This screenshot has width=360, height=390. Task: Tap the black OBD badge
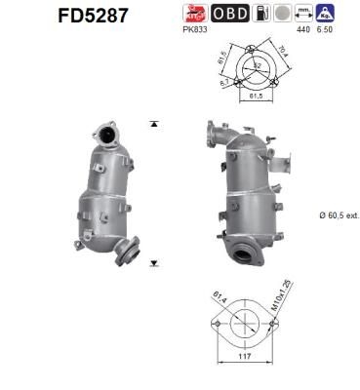pos(230,14)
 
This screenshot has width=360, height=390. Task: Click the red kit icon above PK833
pos(194,14)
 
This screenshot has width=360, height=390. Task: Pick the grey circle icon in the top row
pos(282,14)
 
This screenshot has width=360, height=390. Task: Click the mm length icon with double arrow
pos(304,14)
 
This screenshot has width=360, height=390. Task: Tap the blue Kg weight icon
pos(327,14)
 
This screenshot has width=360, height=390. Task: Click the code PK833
pos(195,30)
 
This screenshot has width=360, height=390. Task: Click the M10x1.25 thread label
pos(280,296)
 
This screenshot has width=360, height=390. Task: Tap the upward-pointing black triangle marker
pos(153,125)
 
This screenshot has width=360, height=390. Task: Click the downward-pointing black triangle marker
pos(153,263)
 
